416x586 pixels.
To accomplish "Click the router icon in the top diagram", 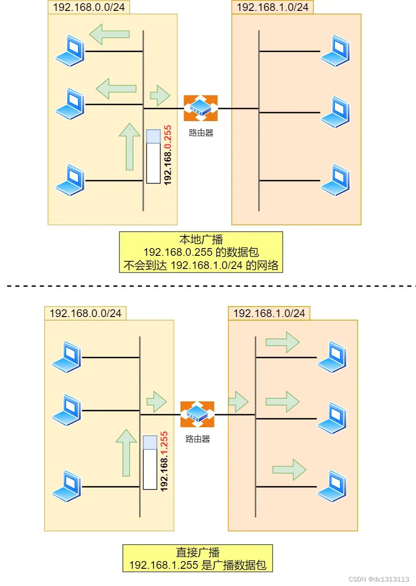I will [x=201, y=108].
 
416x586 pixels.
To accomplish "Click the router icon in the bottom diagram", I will [x=197, y=414].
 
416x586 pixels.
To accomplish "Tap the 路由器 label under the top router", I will [x=201, y=133].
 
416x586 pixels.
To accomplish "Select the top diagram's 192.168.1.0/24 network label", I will [x=272, y=7].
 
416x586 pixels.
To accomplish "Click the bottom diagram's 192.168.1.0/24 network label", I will [x=269, y=313].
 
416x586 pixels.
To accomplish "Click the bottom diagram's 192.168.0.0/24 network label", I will [x=85, y=313].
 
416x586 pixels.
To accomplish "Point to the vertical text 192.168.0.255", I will [x=167, y=155].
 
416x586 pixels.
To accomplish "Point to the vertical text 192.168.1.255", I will [x=164, y=461].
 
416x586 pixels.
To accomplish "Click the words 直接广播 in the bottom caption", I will [x=197, y=553].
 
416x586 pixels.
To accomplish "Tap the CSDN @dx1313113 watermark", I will [x=379, y=579].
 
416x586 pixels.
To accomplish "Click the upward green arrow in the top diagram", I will [x=130, y=146].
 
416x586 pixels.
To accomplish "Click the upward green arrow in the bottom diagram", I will [x=126, y=452].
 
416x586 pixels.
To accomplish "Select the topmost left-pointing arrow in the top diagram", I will [x=109, y=34].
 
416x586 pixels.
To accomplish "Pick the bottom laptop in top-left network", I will [x=70, y=180].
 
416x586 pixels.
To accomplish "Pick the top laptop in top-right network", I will [x=335, y=50].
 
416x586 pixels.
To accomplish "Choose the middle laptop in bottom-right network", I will [x=332, y=418].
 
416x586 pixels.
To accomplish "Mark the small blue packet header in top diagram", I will [x=153, y=136].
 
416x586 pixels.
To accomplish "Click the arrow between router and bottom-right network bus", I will [x=238, y=401].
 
